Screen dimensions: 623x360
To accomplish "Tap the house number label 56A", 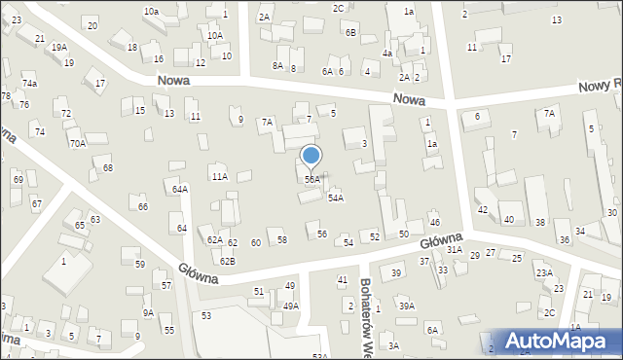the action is [x=311, y=180].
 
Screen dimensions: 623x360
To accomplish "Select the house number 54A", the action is [x=335, y=198].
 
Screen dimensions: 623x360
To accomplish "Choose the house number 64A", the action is [x=180, y=189].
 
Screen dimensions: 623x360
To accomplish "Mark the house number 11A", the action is [x=220, y=176].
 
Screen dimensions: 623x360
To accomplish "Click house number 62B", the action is [x=227, y=261].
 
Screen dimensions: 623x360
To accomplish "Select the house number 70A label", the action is [x=77, y=143].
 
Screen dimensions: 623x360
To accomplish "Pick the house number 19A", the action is [x=59, y=47].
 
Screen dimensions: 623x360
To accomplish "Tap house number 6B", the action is [x=350, y=32].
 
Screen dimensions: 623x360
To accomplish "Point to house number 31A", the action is [x=454, y=250].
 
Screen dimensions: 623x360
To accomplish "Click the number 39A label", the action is [x=406, y=306].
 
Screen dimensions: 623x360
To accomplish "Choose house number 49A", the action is [x=290, y=306].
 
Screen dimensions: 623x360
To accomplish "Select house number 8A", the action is [x=277, y=65].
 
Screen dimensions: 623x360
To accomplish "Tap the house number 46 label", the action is [x=435, y=223].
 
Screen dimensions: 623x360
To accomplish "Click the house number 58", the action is [x=282, y=239].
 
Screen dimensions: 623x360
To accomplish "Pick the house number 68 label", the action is [x=108, y=168].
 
